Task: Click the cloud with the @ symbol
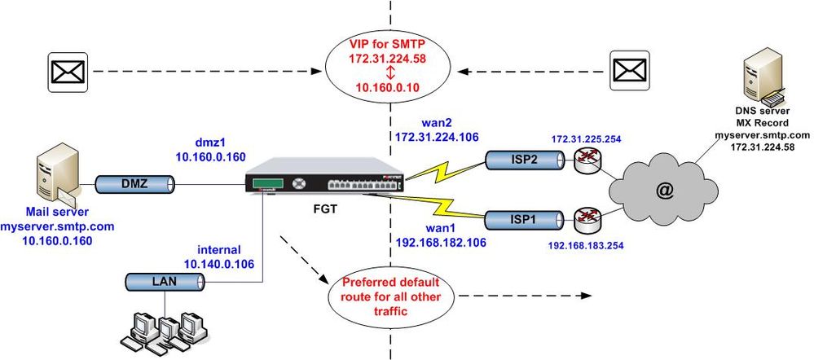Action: click(664, 191)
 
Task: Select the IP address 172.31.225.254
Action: click(585, 139)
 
